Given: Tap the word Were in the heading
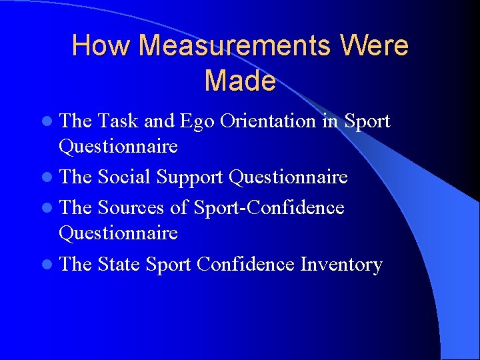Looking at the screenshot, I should point(374,46).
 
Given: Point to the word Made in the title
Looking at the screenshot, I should point(240,81).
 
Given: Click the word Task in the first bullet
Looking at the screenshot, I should point(119,121).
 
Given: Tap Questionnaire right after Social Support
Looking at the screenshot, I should point(288,177).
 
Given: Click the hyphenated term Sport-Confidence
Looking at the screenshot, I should point(269,208).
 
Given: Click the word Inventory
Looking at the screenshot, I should point(341,265).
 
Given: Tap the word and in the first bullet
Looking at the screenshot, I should point(159,121).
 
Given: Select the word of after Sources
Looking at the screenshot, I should point(179,208).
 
